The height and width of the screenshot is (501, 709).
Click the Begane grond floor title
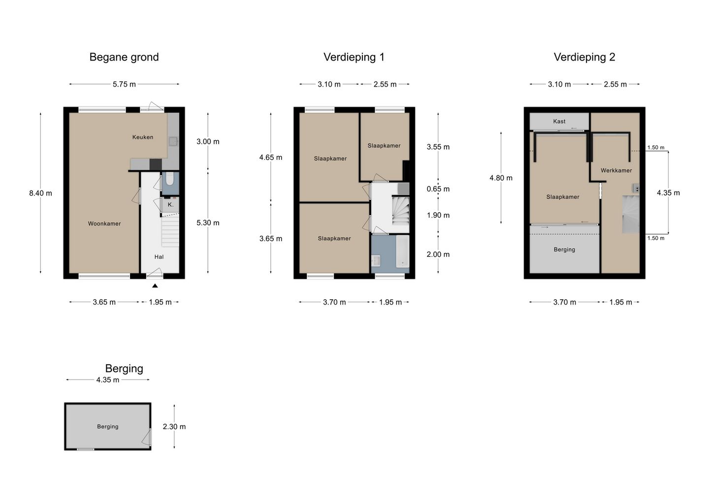click(124, 57)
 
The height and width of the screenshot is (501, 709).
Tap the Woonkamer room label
click(104, 223)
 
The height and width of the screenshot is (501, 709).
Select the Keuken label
click(143, 137)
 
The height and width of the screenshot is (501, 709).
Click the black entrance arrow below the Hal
click(155, 285)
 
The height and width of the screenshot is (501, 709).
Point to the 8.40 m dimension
click(40, 193)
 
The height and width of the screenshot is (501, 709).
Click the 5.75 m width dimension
click(124, 84)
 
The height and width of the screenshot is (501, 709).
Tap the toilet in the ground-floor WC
click(170, 179)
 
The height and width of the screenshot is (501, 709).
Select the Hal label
click(159, 257)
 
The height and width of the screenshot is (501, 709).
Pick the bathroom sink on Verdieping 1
click(377, 260)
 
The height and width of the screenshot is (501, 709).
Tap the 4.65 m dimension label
click(271, 157)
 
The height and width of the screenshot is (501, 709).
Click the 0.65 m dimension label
click(438, 189)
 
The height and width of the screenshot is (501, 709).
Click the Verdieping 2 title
click(584, 57)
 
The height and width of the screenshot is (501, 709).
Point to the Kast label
click(559, 121)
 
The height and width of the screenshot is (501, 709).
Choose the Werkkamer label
click(616, 170)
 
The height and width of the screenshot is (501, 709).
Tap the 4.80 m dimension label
click(501, 178)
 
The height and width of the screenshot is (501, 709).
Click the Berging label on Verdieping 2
click(564, 250)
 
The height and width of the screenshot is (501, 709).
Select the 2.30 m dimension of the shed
click(174, 427)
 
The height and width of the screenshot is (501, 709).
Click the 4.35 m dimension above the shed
click(108, 380)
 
